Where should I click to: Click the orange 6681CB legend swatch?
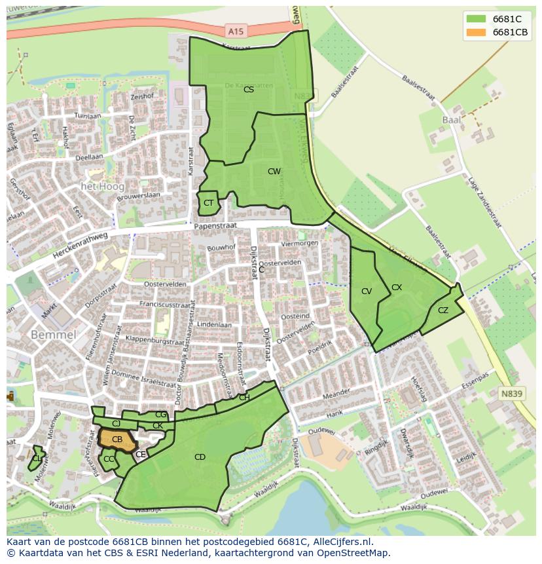pos(476,32)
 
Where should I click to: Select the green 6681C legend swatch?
pos(476,19)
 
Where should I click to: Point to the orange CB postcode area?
pos(116,440)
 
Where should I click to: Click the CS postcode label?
pos(249,90)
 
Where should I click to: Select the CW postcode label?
pos(274,172)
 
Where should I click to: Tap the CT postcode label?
pos(208,203)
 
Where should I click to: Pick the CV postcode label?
pos(367,291)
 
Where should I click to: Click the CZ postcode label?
pos(443,310)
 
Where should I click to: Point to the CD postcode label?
pos(200,457)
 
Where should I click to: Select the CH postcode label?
pos(244,398)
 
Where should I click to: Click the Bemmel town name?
pos(54,335)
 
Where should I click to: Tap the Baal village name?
pos(452,120)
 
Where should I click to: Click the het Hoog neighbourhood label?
pos(102,187)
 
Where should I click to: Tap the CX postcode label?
pos(397,287)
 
